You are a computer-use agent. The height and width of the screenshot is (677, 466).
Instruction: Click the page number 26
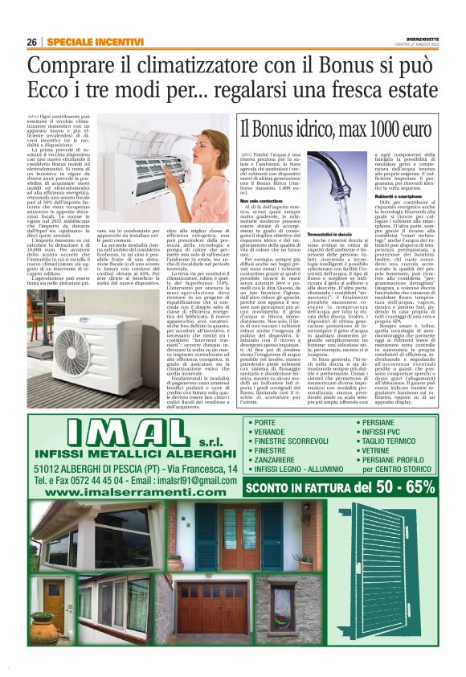click(x=31, y=42)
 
